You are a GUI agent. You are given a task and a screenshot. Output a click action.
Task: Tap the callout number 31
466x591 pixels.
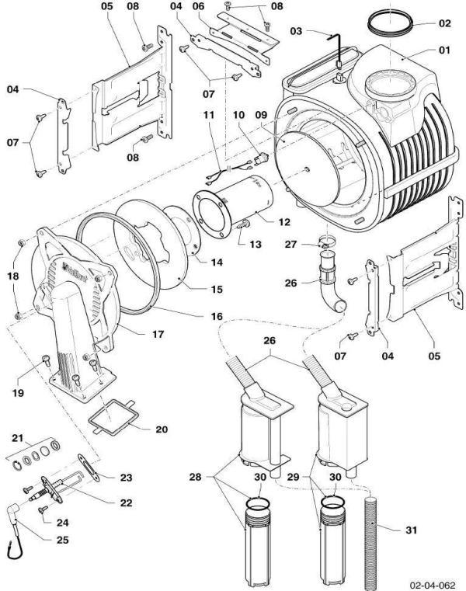(413, 531)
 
